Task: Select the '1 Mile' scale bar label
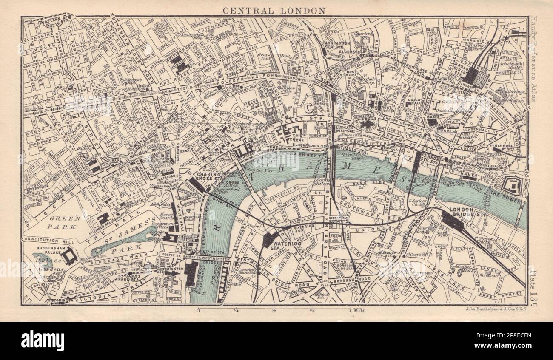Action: click(357, 310)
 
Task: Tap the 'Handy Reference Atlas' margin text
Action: click(535, 60)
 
